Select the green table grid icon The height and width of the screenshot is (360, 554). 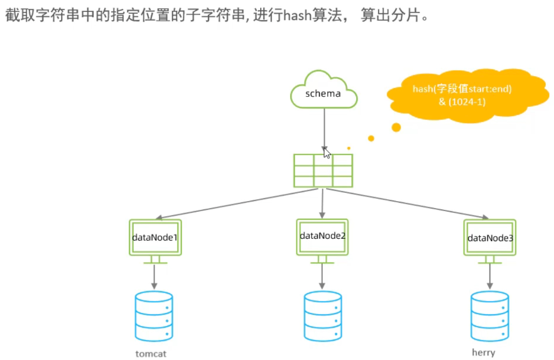click(323, 170)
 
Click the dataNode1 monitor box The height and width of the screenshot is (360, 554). click(155, 237)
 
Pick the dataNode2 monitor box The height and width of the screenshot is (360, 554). click(323, 236)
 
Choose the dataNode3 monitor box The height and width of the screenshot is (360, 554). click(490, 237)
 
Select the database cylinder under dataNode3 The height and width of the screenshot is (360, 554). click(490, 316)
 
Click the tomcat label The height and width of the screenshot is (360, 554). click(151, 353)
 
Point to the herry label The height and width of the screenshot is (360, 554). click(484, 352)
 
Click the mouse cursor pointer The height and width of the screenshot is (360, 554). click(327, 153)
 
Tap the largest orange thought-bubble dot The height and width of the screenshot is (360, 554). click(396, 128)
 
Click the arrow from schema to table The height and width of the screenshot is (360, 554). click(324, 126)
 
